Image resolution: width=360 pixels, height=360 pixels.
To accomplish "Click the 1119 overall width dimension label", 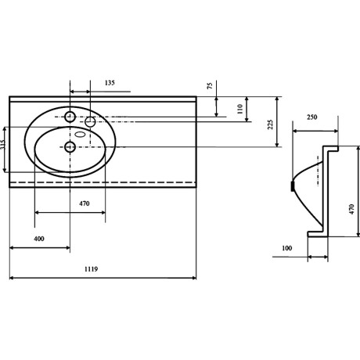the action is tap(92, 269).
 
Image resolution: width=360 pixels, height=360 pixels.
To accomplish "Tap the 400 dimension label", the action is tap(39, 239).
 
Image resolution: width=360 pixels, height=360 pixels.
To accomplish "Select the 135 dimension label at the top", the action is tap(110, 83).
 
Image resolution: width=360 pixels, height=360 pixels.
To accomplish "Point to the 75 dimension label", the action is tap(210, 85).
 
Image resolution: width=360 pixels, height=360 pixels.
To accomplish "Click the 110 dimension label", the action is tap(240, 109).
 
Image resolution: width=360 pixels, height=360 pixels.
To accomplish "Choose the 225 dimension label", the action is tap(271, 124).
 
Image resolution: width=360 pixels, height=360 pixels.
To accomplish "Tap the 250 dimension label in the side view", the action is tap(312, 117).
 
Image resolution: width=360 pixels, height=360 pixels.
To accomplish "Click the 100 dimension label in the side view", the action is tap(286, 248).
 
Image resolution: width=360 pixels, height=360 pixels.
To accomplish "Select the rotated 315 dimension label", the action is tap(3, 144).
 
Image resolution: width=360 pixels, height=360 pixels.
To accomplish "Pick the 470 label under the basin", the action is tap(85, 203).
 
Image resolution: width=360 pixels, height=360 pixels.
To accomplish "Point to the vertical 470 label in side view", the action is tap(351, 209).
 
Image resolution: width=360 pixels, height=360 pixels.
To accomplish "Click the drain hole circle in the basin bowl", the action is tap(70, 147).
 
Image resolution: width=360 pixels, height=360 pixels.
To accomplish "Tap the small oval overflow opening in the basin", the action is tap(81, 135).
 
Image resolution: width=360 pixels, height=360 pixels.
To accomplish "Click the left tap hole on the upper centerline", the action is tap(70, 117).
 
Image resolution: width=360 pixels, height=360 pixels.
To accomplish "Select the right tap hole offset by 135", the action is tap(90, 122).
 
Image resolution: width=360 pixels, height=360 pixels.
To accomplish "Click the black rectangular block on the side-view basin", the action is tap(293, 186).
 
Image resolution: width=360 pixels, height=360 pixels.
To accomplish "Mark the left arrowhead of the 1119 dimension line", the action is tap(12, 278).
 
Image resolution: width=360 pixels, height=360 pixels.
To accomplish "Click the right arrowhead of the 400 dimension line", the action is tap(68, 247).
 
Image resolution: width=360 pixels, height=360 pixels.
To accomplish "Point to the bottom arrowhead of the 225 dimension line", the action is tap(277, 145).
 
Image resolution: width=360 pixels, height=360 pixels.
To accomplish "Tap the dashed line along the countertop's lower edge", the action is tap(103, 182).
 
